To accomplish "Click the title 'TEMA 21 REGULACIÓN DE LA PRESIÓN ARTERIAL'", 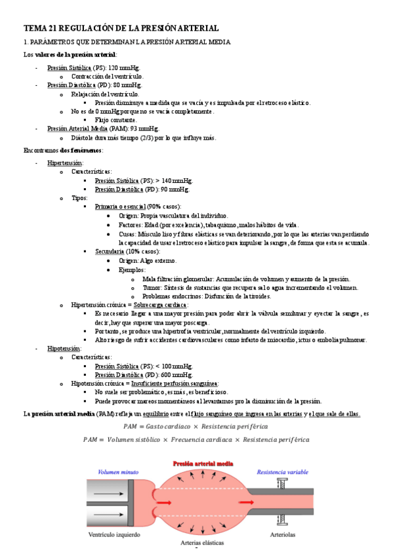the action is [x=121, y=28].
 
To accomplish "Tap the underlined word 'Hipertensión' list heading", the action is [x=65, y=163].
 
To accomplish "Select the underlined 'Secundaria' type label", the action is [x=113, y=251].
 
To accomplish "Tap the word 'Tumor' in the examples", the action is [x=152, y=287].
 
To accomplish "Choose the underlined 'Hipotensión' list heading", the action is [x=64, y=349].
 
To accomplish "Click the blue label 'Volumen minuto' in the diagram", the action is [x=118, y=471].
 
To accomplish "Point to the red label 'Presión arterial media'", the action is [x=202, y=463].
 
